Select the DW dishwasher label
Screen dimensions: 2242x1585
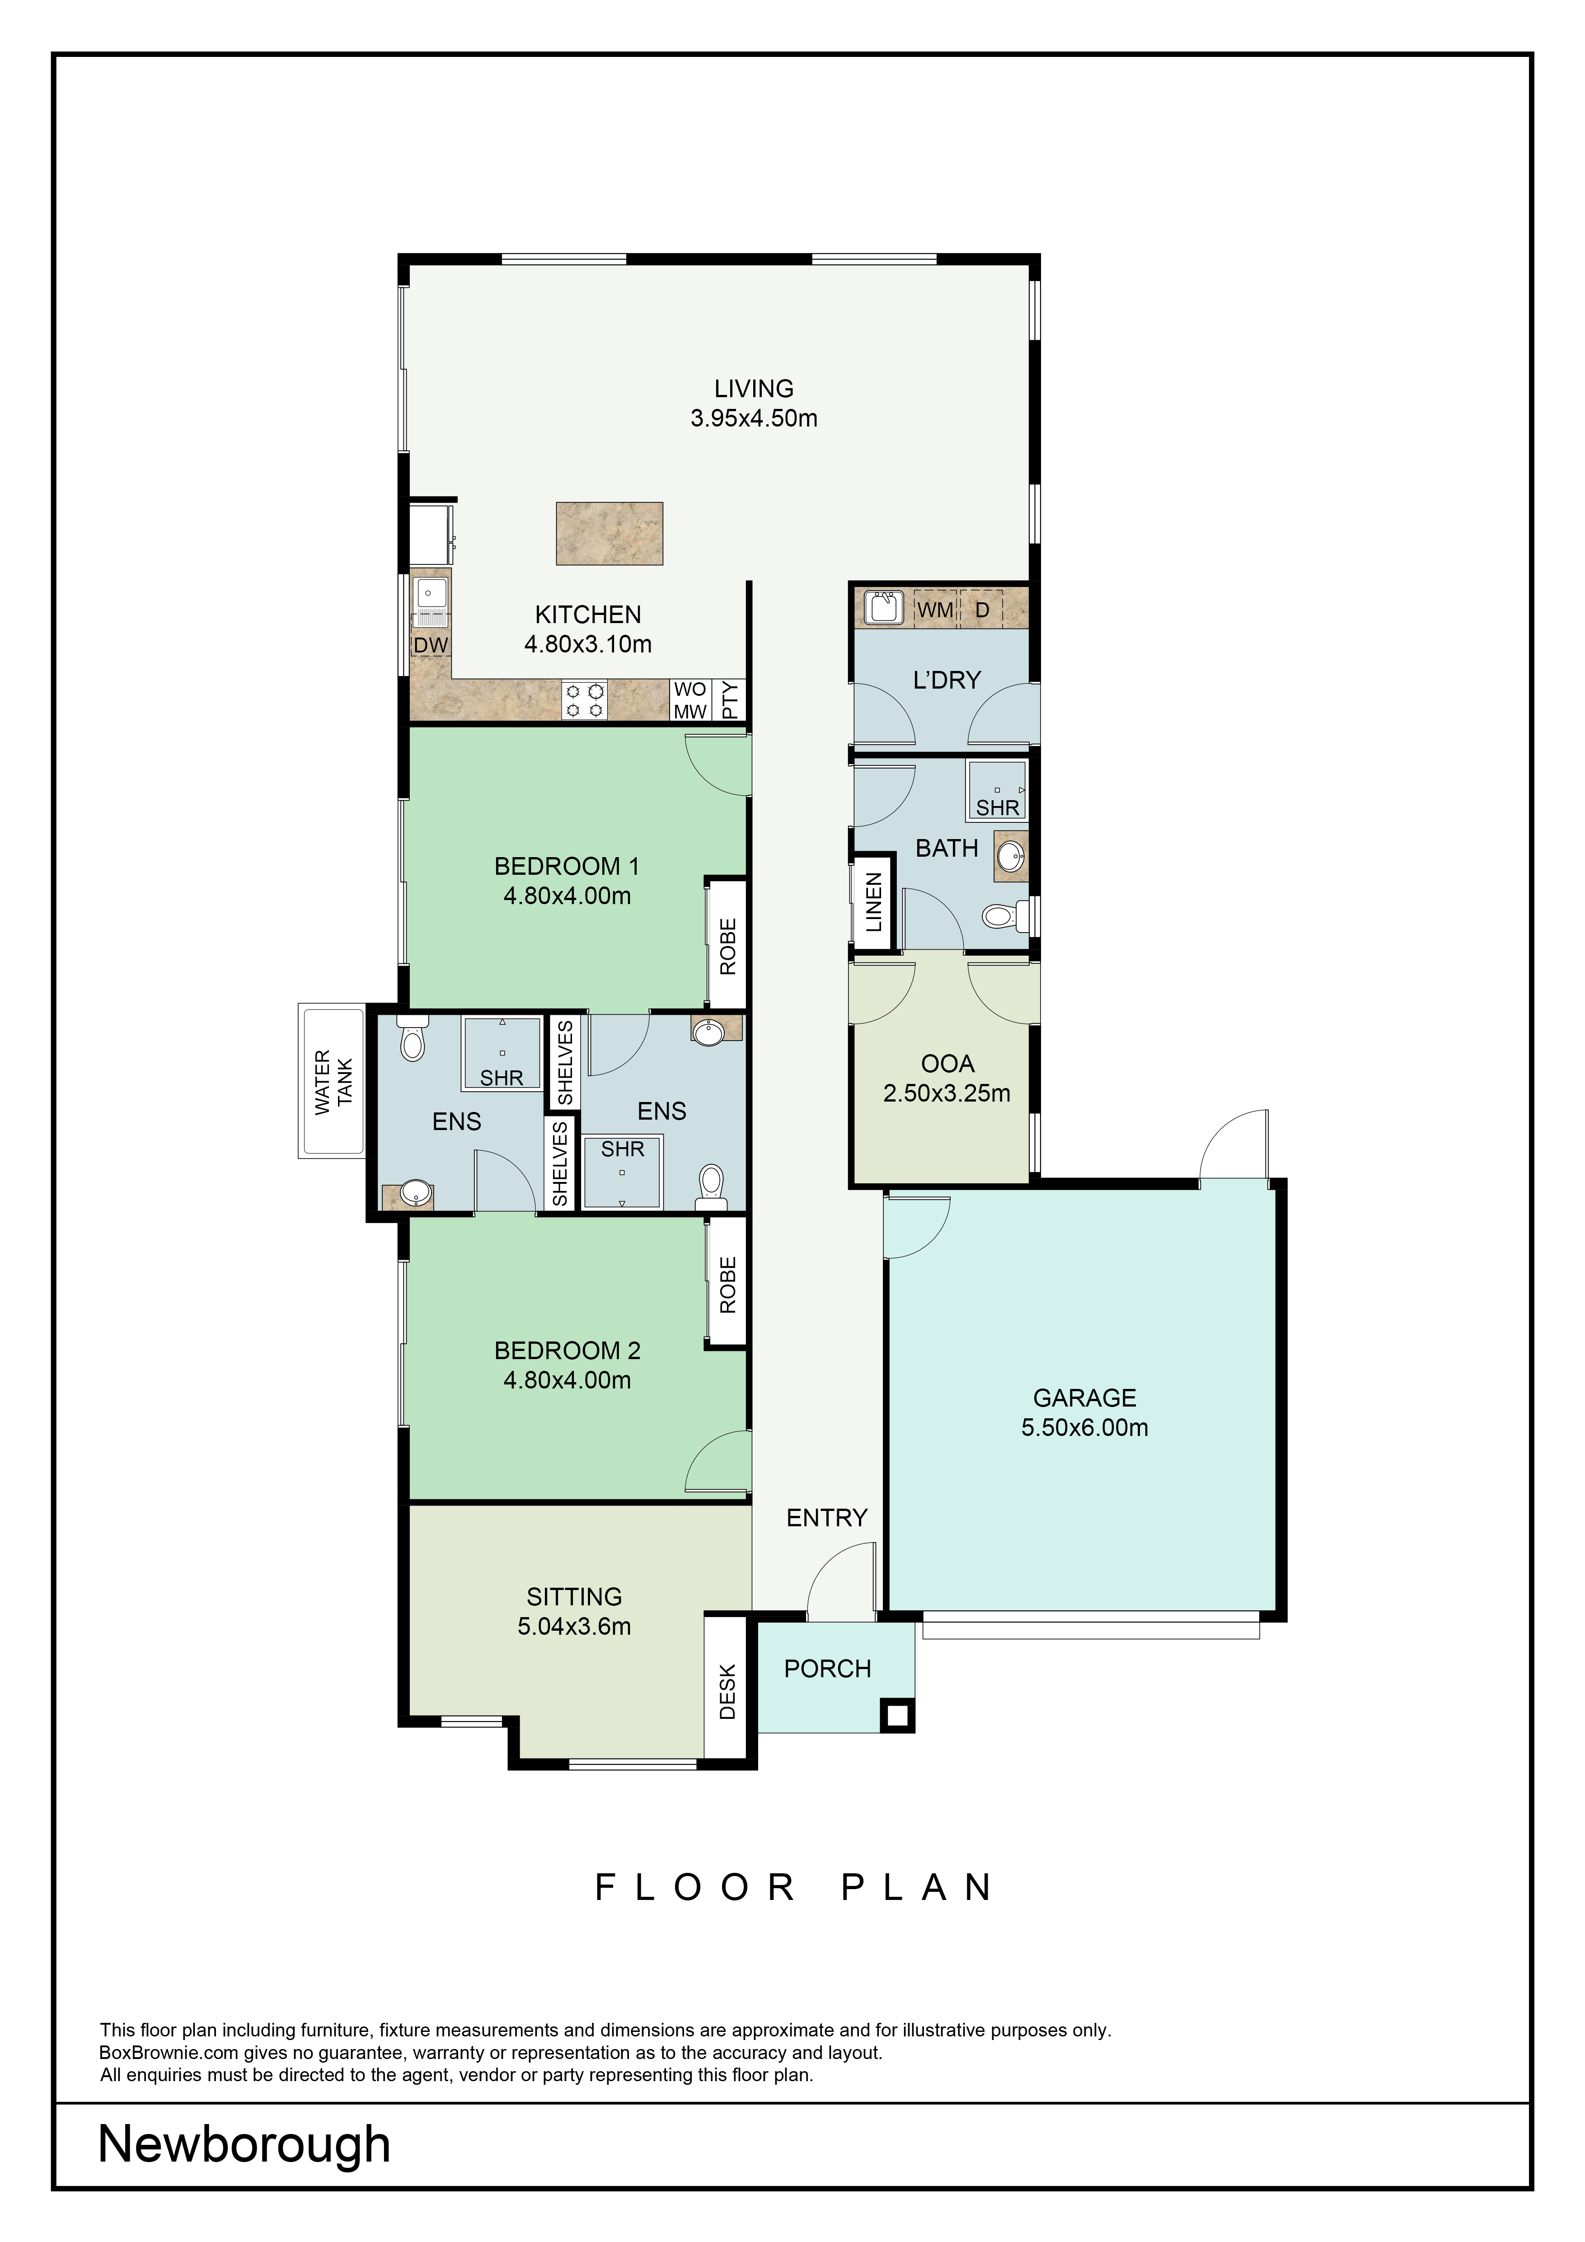[430, 646]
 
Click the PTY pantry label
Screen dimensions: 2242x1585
[731, 700]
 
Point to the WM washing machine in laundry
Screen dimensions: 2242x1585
[934, 610]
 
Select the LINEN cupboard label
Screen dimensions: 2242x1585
[873, 902]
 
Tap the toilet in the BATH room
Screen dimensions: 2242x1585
[1002, 915]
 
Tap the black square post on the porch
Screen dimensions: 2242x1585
[896, 1715]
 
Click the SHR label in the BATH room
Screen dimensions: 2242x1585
[997, 807]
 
